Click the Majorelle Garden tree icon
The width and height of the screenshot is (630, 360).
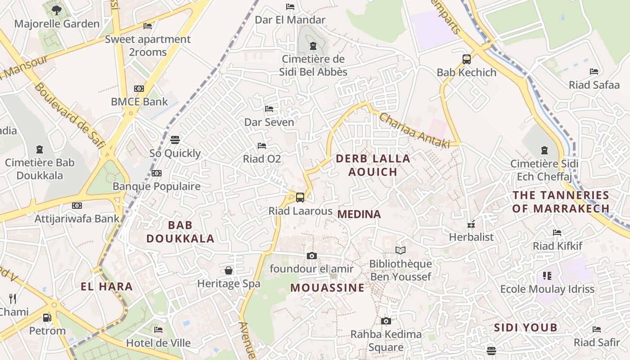56,10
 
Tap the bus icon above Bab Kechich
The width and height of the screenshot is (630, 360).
467,59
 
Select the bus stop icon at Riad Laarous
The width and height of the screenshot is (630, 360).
300,197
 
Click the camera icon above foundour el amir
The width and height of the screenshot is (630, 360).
311,256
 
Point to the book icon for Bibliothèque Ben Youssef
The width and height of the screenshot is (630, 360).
400,250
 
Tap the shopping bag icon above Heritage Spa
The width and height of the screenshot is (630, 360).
229,270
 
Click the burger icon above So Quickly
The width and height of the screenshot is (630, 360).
175,140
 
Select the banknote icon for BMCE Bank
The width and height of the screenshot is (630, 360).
139,89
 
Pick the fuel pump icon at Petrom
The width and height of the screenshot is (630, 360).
47,318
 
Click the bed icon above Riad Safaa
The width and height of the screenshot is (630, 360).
594,71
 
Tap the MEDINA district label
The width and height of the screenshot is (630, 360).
359,214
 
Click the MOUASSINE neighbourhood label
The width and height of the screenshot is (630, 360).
327,288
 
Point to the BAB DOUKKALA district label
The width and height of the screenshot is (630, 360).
180,232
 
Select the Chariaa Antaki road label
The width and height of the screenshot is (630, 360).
414,130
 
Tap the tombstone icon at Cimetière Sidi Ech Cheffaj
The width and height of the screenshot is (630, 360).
544,150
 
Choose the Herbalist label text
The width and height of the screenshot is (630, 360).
471,237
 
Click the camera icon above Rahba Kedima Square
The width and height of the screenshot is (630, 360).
386,321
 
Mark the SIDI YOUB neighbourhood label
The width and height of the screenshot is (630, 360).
526,327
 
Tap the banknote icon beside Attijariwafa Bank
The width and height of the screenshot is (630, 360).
77,206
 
